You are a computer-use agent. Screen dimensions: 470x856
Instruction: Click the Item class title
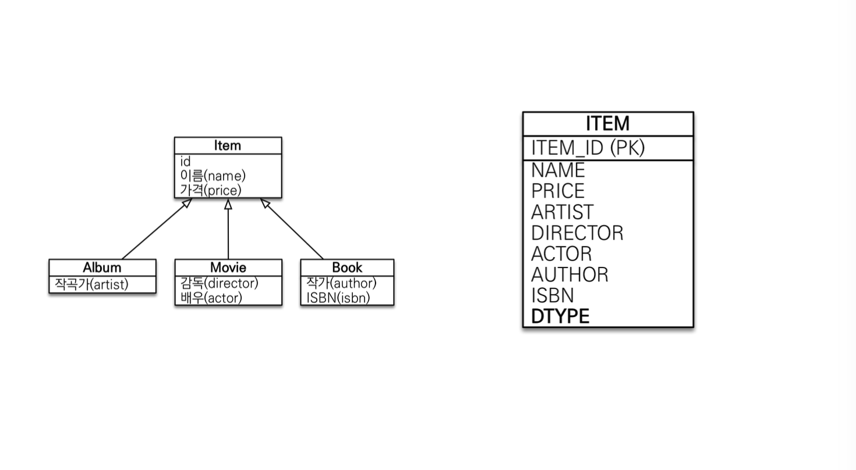click(227, 145)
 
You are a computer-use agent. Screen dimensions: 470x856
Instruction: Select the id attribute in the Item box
click(185, 162)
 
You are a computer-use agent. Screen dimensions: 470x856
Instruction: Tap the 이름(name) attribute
click(213, 176)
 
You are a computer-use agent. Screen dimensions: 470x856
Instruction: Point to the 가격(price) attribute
click(211, 190)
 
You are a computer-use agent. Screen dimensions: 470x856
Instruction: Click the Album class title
click(102, 268)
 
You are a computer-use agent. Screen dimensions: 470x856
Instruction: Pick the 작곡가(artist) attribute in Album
click(91, 284)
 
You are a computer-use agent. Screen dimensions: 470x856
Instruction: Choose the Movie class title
click(228, 268)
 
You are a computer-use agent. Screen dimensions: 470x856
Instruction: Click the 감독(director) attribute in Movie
click(220, 283)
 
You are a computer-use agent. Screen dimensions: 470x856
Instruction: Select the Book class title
click(347, 268)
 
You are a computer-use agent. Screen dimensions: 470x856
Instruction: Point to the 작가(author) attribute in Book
click(342, 283)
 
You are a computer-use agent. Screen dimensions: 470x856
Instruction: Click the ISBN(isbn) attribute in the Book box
click(338, 297)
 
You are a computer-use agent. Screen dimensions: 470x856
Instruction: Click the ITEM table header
click(607, 124)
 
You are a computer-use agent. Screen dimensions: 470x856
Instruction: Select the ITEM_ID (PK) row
click(588, 148)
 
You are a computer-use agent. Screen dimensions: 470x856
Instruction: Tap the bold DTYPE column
click(560, 316)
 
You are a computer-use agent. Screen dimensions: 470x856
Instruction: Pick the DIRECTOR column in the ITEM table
click(577, 233)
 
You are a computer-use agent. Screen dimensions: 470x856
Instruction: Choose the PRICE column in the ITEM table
click(558, 191)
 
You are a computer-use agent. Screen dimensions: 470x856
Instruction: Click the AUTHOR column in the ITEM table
click(570, 275)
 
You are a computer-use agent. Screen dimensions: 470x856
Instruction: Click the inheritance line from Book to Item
click(293, 230)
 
